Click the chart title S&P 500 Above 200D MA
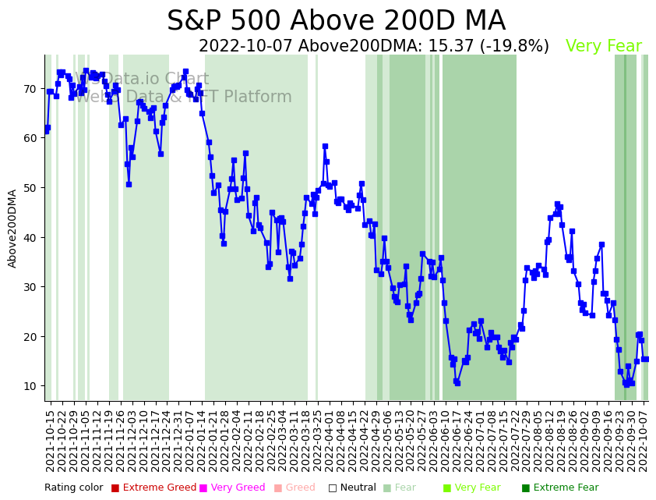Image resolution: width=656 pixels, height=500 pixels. tap(336, 21)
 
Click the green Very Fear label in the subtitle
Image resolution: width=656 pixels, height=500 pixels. tap(603, 46)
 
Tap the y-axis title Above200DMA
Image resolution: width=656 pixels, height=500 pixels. tap(12, 228)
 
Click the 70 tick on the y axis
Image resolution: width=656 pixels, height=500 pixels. tap(30, 89)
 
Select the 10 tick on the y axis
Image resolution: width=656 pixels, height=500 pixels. tap(30, 386)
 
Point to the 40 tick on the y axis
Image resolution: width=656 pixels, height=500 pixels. tap(30, 237)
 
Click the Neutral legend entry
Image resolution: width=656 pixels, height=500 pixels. tap(347, 488)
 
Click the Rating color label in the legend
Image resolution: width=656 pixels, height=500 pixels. tap(73, 488)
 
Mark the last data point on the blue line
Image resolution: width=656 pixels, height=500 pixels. tap(646, 359)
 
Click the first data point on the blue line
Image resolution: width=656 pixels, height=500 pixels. tap(46, 131)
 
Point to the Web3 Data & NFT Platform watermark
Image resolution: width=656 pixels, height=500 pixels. tap(183, 98)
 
